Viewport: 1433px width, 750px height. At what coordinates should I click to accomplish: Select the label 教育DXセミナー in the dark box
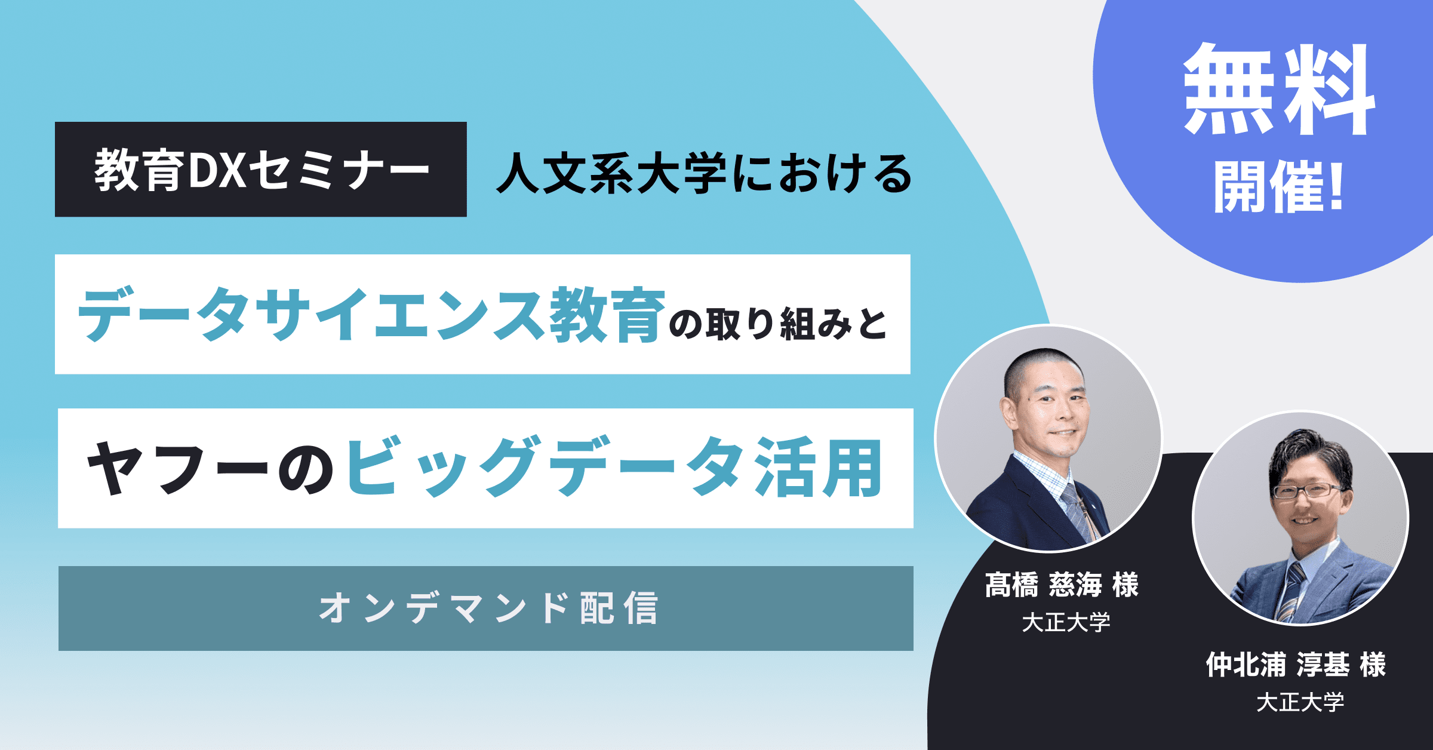(262, 170)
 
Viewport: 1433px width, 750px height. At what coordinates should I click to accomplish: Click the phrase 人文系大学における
(703, 174)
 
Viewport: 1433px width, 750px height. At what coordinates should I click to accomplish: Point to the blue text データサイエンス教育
(371, 315)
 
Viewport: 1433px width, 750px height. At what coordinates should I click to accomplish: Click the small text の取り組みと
(778, 324)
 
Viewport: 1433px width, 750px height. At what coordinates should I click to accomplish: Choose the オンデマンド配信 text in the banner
(488, 608)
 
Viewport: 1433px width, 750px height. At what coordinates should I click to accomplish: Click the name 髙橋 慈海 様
(1062, 585)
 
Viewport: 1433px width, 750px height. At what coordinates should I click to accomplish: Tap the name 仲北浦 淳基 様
(1296, 665)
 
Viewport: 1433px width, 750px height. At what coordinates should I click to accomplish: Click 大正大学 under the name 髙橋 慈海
(1066, 623)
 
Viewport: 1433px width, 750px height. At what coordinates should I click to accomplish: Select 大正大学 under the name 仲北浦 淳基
(1300, 702)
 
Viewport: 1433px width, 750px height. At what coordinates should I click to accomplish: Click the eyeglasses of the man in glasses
(1309, 491)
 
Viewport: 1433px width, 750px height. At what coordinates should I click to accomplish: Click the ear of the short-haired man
(1009, 413)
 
